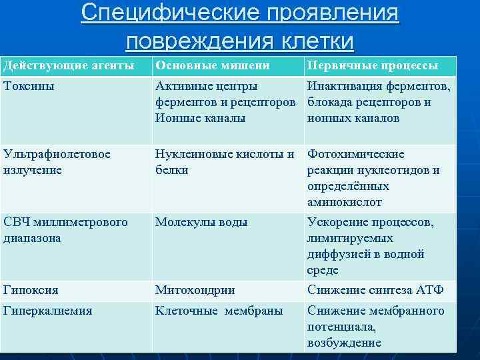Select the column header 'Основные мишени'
(x=212, y=66)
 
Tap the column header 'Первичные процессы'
(x=372, y=66)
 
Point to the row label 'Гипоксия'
(x=30, y=290)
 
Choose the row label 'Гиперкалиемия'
(x=47, y=311)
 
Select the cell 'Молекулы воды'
(x=201, y=222)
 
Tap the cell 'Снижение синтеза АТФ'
(x=375, y=290)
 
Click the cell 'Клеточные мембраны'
(x=219, y=311)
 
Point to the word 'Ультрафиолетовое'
(x=57, y=154)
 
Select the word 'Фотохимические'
(x=356, y=154)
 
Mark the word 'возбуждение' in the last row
(x=344, y=343)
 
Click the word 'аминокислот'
(x=345, y=202)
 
